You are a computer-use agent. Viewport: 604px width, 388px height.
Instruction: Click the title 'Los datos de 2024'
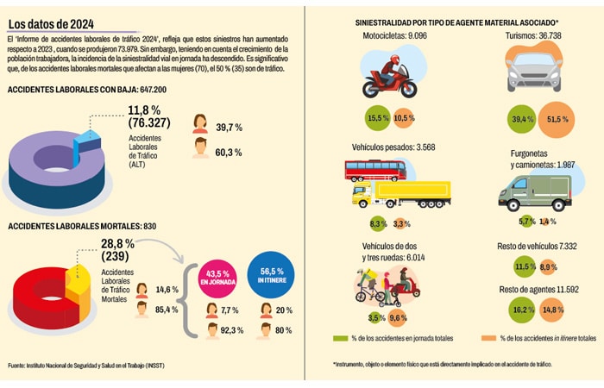[51, 23]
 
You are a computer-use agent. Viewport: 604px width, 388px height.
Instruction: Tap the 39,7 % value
[228, 127]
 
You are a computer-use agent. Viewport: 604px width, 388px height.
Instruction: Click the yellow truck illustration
[401, 195]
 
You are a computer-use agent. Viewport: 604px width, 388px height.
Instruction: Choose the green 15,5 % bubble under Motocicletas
[378, 118]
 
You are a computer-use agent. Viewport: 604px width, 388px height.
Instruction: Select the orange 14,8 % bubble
[553, 309]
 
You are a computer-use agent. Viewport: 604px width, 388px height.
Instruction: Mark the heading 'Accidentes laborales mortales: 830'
[70, 226]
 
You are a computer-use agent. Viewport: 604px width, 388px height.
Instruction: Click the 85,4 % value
[167, 310]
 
